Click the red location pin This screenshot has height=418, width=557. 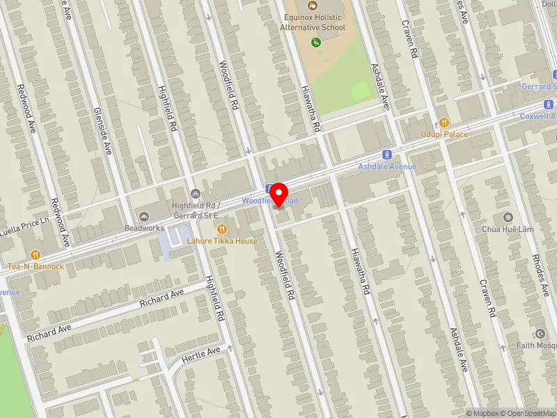(x=279, y=193)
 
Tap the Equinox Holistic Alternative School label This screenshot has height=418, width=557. (x=313, y=22)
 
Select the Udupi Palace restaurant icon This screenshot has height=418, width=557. (x=444, y=123)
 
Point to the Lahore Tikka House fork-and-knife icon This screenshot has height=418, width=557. (x=221, y=229)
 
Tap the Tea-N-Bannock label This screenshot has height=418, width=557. (x=36, y=266)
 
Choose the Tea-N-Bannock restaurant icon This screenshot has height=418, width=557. (x=36, y=254)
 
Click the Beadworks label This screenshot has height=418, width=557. (x=145, y=228)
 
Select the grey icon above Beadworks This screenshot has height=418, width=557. (x=145, y=216)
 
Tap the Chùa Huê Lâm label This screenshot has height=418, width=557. (x=506, y=229)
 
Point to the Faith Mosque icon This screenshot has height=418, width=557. (x=540, y=333)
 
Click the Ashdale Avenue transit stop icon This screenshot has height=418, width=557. (x=386, y=155)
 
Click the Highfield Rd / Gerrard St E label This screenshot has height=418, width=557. (x=197, y=210)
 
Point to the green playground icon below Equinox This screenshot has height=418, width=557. (x=317, y=42)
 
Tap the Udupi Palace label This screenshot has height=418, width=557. (x=444, y=134)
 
